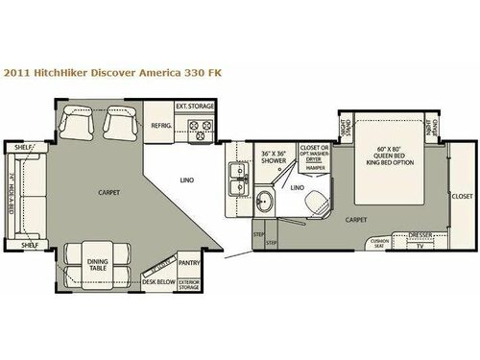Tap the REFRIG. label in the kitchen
[x=158, y=125]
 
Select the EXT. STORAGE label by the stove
[x=194, y=106]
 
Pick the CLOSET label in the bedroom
[x=461, y=196]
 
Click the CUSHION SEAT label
[x=379, y=242]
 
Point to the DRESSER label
[x=418, y=234]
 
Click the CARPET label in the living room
[x=108, y=191]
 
